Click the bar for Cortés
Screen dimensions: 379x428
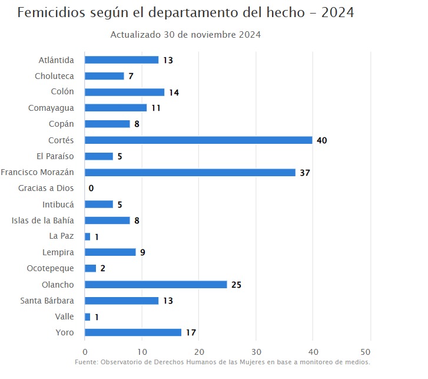click(x=198, y=140)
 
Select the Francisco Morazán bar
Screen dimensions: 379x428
click(x=190, y=172)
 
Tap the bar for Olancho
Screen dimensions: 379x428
click(x=155, y=285)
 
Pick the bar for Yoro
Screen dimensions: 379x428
click(x=133, y=332)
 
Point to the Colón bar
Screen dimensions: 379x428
click(x=124, y=92)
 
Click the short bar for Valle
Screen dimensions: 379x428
click(x=88, y=317)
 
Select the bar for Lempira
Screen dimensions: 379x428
click(x=110, y=252)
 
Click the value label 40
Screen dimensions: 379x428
click(x=321, y=140)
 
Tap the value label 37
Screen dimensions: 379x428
click(x=304, y=173)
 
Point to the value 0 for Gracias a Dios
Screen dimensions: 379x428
click(x=91, y=189)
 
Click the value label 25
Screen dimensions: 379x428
click(x=236, y=285)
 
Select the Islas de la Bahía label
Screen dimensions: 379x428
click(x=43, y=220)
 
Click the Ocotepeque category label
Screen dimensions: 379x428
click(x=51, y=268)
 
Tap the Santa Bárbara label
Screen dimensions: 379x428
click(x=47, y=301)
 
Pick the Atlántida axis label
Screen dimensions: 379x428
click(x=57, y=60)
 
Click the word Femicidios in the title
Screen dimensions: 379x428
click(x=49, y=12)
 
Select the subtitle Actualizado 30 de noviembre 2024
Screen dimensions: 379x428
click(x=185, y=35)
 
